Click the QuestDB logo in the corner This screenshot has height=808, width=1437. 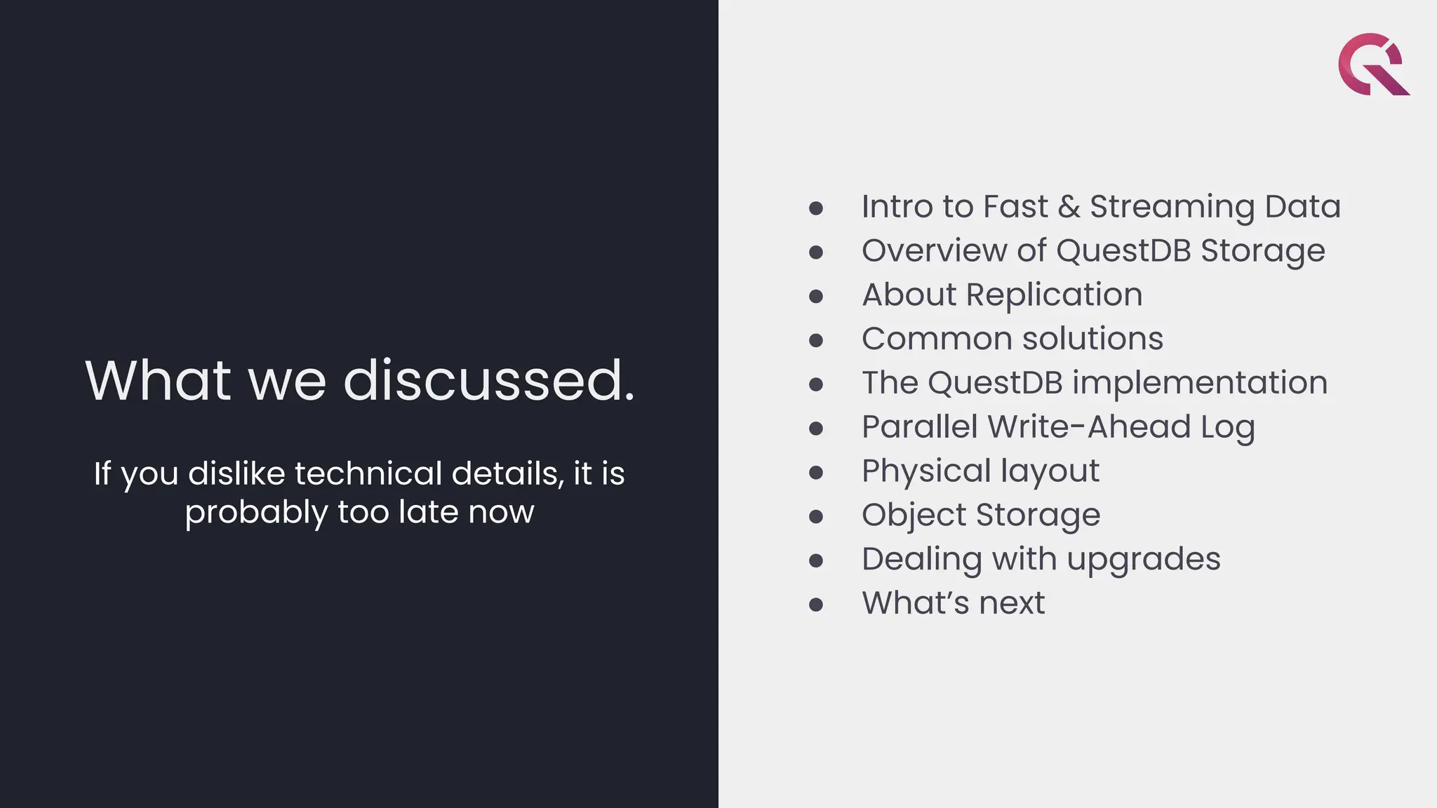1372,64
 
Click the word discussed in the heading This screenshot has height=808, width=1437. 489,380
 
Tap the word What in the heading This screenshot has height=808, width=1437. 158,380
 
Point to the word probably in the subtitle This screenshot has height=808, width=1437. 256,513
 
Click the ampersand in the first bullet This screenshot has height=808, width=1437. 1069,207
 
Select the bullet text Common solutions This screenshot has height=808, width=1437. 1012,339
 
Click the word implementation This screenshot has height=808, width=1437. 1199,383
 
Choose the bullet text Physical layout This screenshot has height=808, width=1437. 980,471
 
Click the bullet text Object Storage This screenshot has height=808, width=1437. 980,516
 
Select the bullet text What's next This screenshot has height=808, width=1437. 953,603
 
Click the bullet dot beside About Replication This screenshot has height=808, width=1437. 815,296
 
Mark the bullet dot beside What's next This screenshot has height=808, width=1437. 815,605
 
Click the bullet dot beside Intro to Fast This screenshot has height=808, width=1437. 815,208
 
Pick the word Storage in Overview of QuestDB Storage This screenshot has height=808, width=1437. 1262,251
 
